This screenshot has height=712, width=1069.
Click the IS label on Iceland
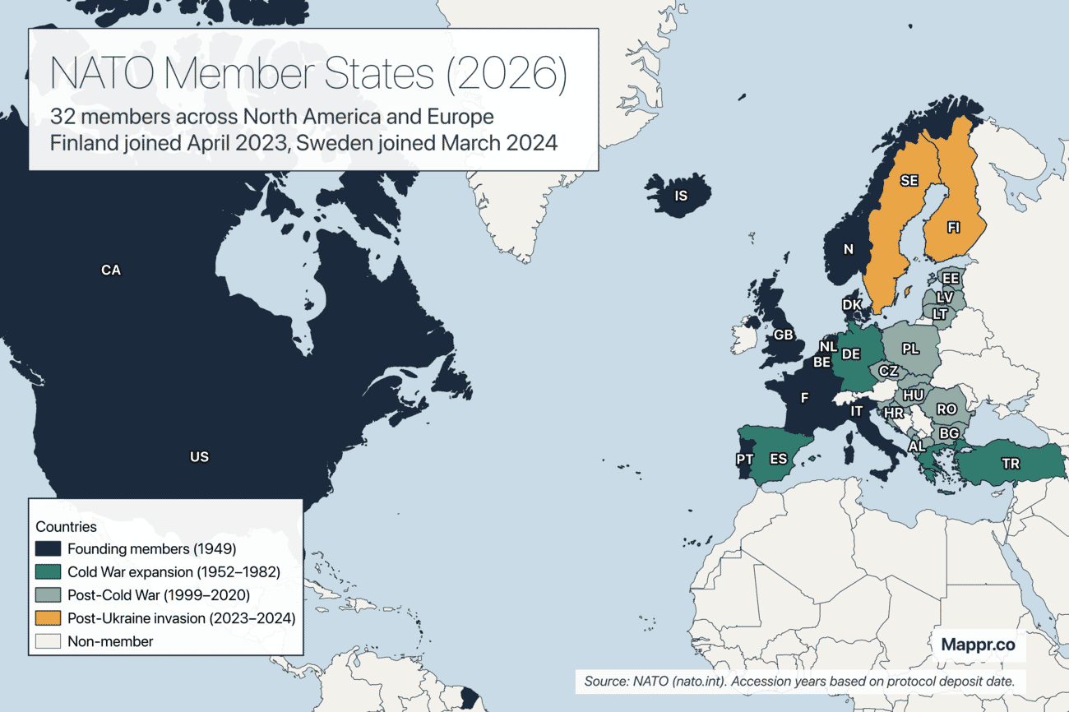click(680, 196)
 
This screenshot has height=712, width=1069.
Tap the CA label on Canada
click(110, 270)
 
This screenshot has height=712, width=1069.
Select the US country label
click(199, 457)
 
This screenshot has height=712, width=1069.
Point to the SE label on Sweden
click(909, 180)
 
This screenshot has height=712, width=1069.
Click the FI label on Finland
click(953, 228)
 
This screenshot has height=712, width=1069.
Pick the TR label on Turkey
click(1011, 464)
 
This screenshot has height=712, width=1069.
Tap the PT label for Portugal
click(745, 459)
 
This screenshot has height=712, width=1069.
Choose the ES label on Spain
click(779, 459)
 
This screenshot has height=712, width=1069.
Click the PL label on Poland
click(910, 349)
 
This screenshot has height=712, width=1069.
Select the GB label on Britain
click(784, 335)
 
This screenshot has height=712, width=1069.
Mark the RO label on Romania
click(946, 409)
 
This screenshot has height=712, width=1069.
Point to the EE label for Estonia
click(950, 279)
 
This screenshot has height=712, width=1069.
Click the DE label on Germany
click(851, 354)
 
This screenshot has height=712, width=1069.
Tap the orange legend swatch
click(49, 617)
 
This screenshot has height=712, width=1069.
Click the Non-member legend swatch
click(49, 640)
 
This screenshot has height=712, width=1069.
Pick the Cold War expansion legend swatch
click(49, 571)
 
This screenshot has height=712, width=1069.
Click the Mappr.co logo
click(978, 645)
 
